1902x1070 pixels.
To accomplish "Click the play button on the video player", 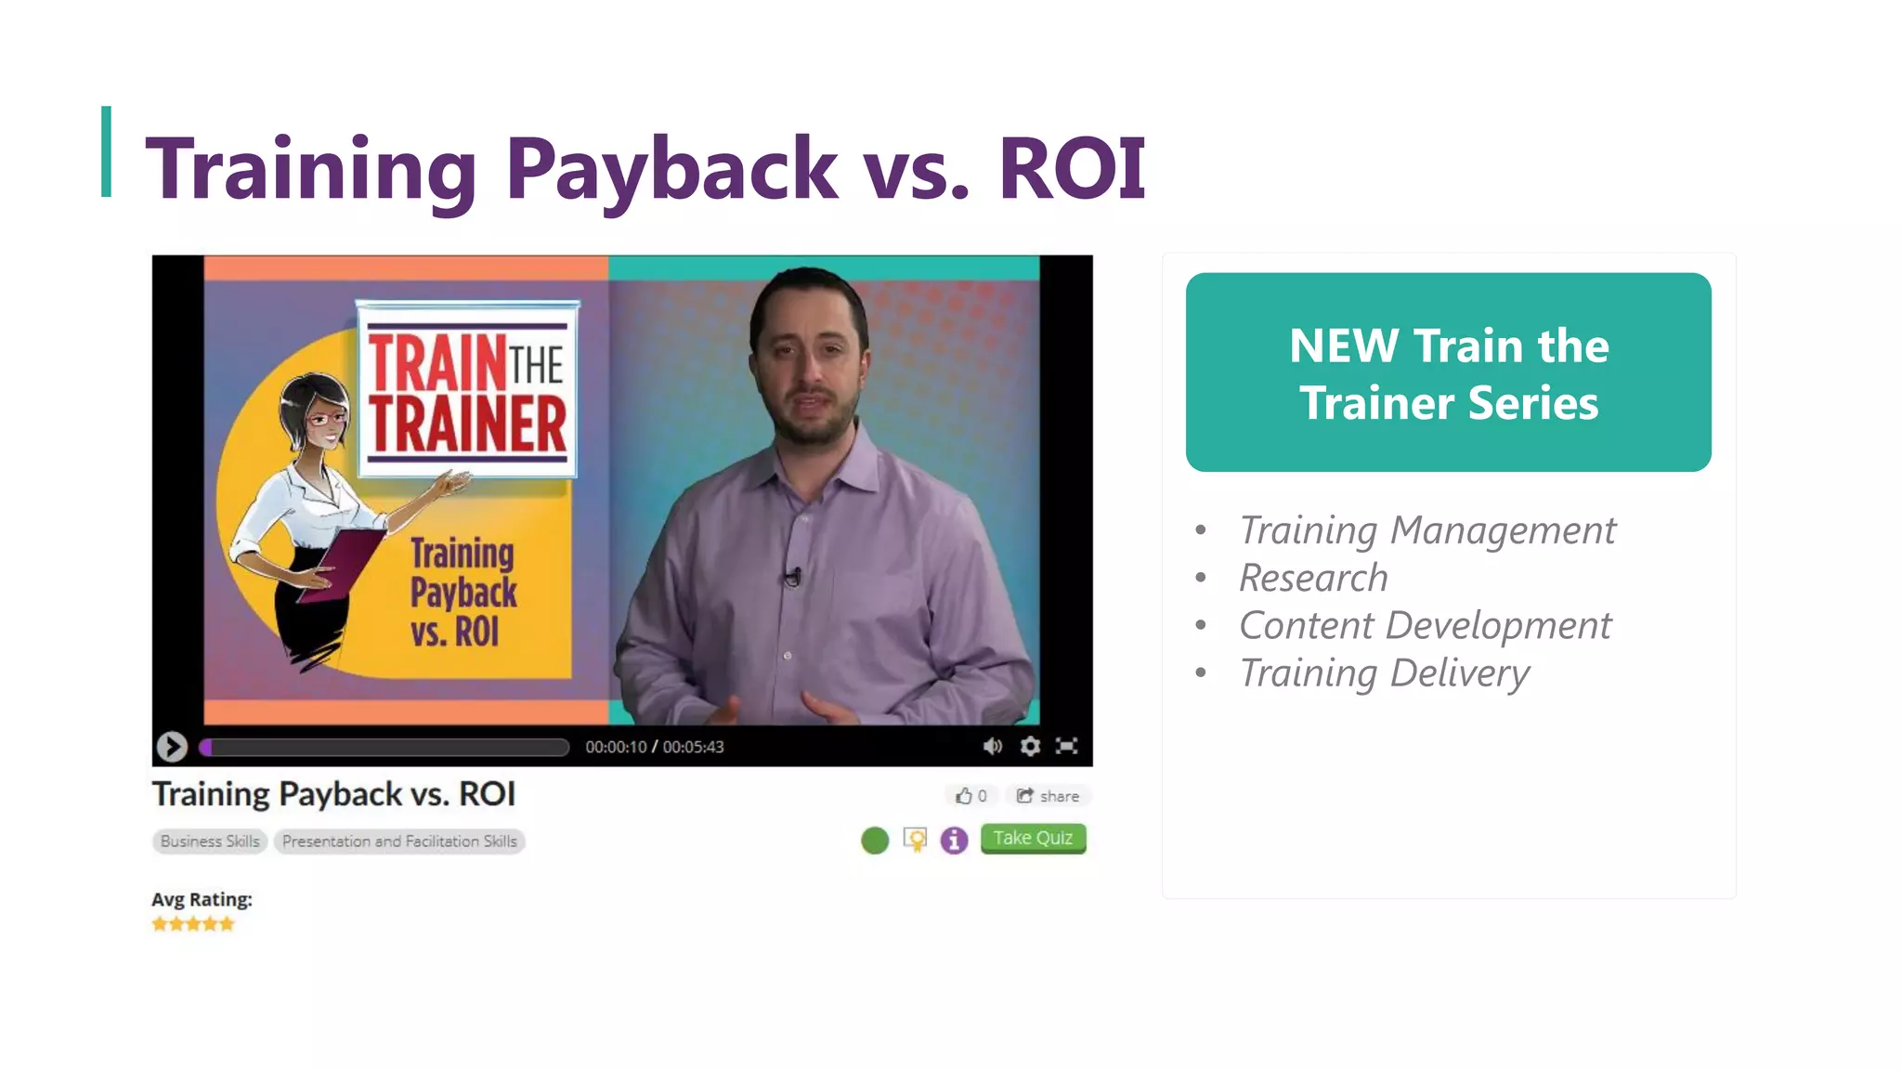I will click(x=172, y=746).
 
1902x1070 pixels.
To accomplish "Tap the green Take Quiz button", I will click(x=1033, y=838).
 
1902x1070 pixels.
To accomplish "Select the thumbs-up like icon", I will click(x=964, y=796).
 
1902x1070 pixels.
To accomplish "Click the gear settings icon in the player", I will click(x=1030, y=746).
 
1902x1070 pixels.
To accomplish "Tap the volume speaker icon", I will click(x=992, y=746).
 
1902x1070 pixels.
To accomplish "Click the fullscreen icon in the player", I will click(x=1067, y=746).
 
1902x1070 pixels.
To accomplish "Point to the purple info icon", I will click(x=954, y=841).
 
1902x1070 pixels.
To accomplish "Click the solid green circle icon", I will click(x=875, y=841).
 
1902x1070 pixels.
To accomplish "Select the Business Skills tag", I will click(x=210, y=842).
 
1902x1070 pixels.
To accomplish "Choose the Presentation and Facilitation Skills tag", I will click(x=399, y=842).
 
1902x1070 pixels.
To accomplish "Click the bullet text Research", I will click(x=1313, y=578).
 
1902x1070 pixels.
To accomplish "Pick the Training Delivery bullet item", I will click(x=1384, y=672).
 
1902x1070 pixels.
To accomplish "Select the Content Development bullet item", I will click(x=1425, y=625).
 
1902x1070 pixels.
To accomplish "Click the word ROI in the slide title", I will click(x=1072, y=168).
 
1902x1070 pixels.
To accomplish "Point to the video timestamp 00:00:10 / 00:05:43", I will click(x=654, y=747).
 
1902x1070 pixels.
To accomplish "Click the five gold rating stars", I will click(x=193, y=924).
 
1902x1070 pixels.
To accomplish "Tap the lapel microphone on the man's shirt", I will click(x=792, y=577).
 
